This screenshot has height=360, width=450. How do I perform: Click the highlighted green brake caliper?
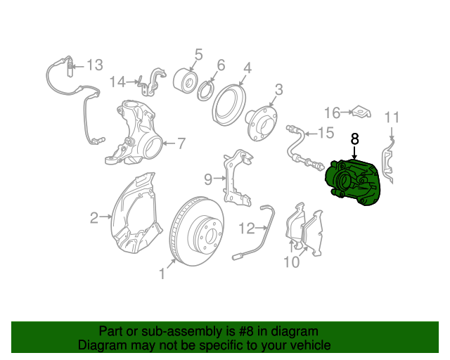click(353, 182)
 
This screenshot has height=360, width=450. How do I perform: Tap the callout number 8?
click(355, 139)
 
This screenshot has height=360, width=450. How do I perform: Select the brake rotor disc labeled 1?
click(197, 231)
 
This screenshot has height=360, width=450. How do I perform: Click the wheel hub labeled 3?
click(261, 124)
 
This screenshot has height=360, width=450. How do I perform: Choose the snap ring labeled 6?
click(205, 91)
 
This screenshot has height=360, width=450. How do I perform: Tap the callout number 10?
click(291, 262)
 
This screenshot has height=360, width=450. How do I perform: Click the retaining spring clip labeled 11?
click(387, 162)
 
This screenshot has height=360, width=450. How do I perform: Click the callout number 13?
click(95, 65)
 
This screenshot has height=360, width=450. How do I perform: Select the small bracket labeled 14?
click(152, 83)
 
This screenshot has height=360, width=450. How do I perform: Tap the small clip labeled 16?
click(361, 112)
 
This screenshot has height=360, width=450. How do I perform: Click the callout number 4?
click(247, 68)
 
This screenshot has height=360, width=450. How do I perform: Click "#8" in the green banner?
click(247, 332)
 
